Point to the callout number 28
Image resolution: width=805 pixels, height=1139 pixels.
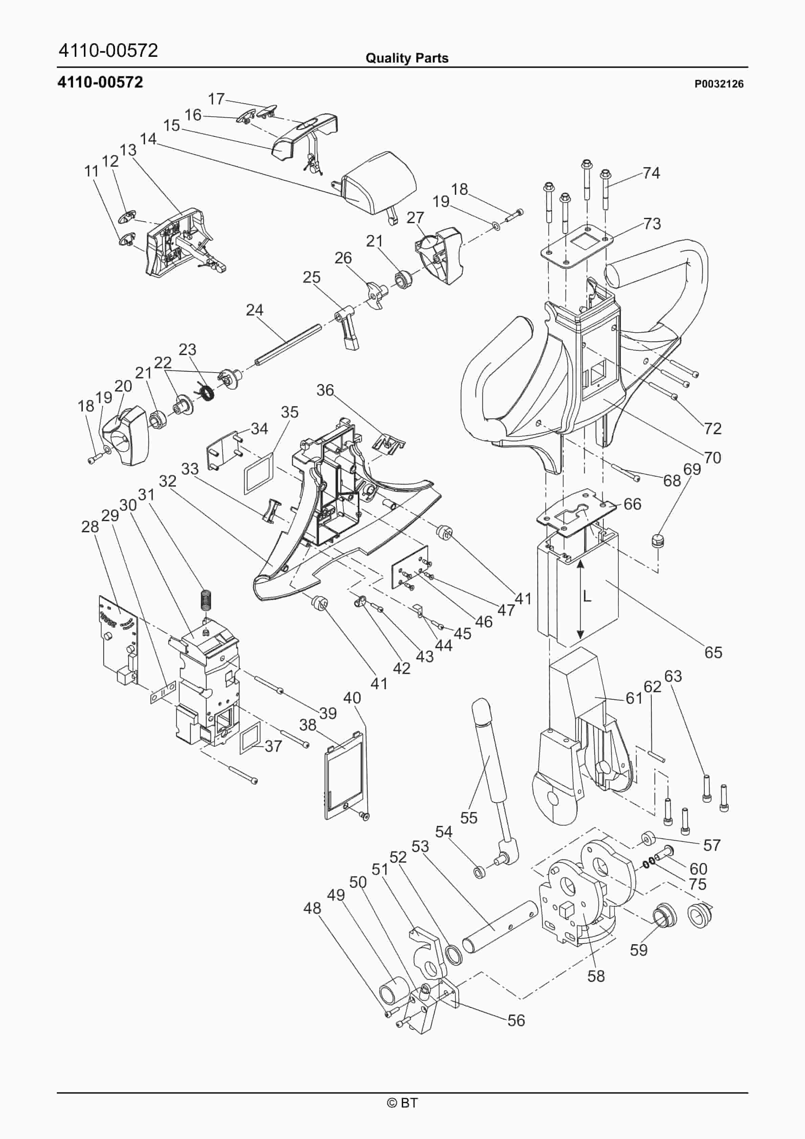(x=90, y=527)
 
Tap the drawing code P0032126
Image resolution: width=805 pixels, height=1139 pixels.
(x=719, y=84)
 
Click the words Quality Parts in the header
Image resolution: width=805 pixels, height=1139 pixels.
(x=407, y=58)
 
